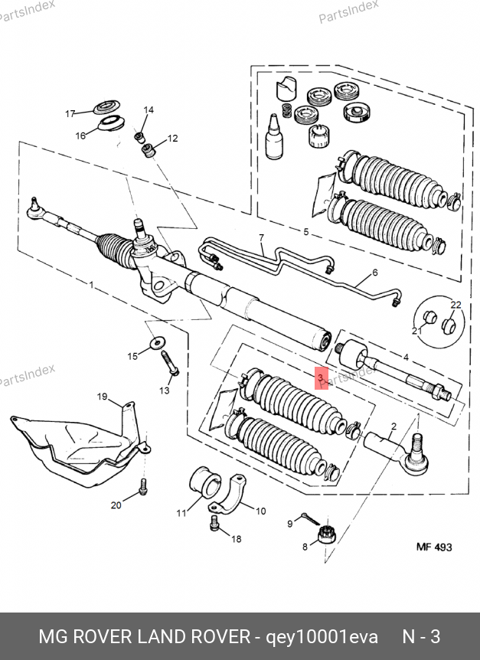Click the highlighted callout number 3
click(x=321, y=378)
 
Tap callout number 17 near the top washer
click(x=70, y=113)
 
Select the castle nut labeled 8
click(x=326, y=534)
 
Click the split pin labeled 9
click(x=311, y=519)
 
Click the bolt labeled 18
click(x=214, y=523)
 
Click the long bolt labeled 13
click(x=169, y=364)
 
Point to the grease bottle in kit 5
click(x=273, y=136)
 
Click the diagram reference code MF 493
click(x=434, y=547)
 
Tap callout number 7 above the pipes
click(x=262, y=238)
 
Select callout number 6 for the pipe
click(x=375, y=273)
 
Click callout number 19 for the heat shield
click(x=103, y=397)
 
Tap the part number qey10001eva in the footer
click(x=322, y=637)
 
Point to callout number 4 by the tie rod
click(x=406, y=358)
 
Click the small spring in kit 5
click(x=286, y=110)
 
